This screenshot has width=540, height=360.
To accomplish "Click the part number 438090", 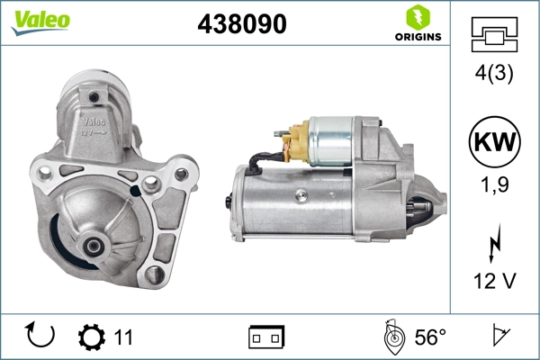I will click(241, 25).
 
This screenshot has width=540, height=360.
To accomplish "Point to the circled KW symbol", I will click(495, 143).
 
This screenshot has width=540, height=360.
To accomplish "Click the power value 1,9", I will click(495, 187).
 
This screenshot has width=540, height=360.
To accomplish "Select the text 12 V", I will click(495, 282).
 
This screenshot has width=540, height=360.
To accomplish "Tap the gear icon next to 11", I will click(91, 337).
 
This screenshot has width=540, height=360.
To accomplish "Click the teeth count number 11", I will click(123, 337).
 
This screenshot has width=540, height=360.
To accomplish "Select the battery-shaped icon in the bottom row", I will click(266, 337).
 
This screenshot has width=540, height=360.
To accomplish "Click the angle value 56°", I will click(429, 337).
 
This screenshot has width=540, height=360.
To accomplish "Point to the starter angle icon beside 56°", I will click(392, 337).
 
